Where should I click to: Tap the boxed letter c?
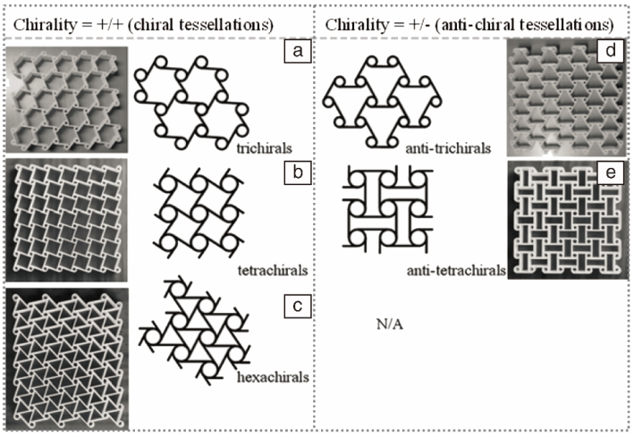296,306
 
